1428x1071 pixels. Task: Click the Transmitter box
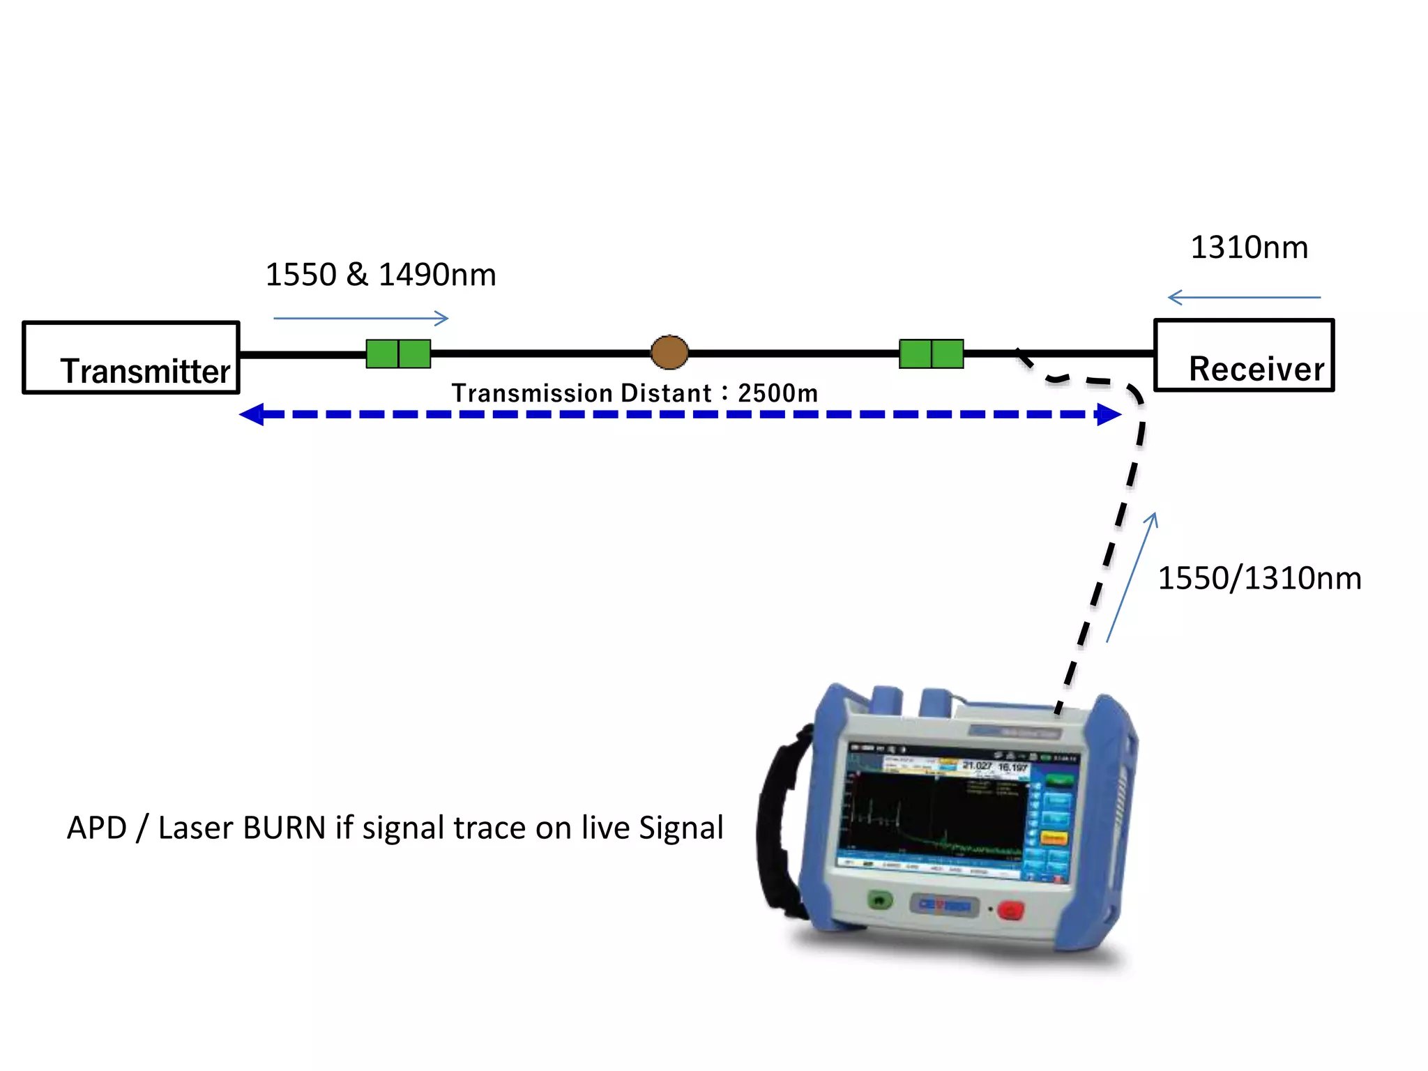(131, 358)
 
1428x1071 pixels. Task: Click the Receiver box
(1244, 356)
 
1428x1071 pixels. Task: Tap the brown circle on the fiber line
(669, 352)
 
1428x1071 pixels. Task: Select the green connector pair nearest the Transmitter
(398, 354)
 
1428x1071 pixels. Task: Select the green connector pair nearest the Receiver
(931, 354)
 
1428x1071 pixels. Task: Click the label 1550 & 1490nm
(381, 275)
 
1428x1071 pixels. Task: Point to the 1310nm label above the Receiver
(1249, 248)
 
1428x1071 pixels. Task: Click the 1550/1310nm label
(1259, 579)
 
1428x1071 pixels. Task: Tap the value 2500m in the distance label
(777, 393)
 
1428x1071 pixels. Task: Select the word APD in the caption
(96, 828)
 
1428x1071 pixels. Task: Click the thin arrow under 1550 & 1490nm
(360, 319)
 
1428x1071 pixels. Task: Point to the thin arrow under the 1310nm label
(1244, 298)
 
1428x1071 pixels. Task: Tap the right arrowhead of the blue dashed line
(1109, 414)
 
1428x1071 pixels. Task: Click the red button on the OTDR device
(1010, 910)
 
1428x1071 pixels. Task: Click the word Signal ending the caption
(681, 828)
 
